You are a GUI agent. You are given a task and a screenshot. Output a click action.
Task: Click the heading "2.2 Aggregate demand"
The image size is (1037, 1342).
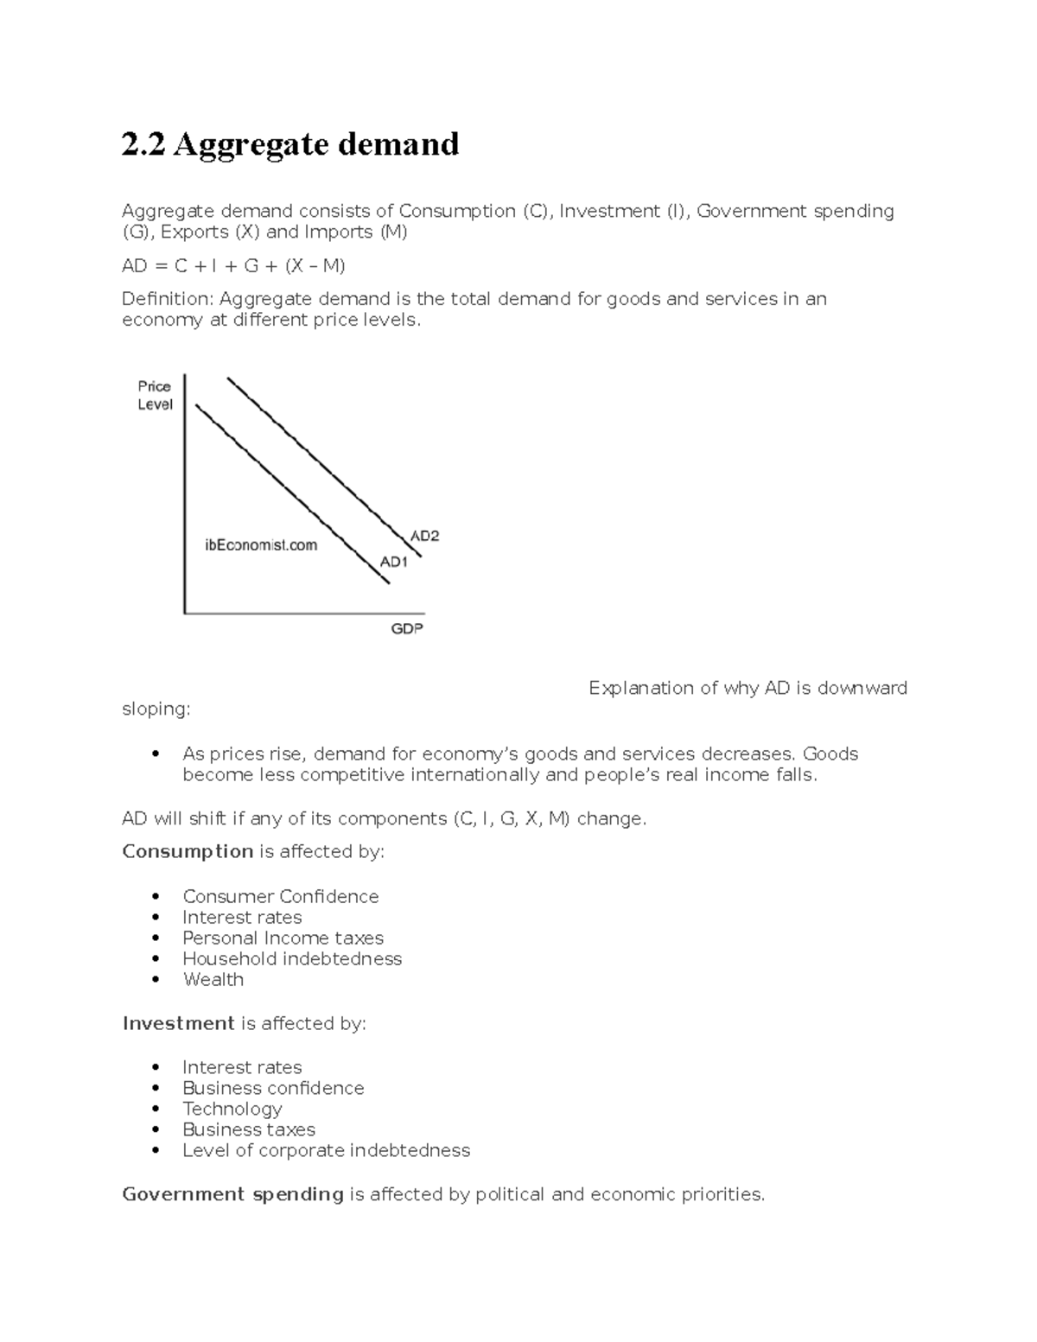pos(290,144)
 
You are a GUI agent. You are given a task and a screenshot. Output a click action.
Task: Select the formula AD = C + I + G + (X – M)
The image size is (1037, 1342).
pos(233,266)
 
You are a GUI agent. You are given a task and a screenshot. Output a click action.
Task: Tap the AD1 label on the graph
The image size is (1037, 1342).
pos(393,562)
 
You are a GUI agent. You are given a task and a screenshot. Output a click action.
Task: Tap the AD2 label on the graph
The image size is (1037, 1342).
pos(424,536)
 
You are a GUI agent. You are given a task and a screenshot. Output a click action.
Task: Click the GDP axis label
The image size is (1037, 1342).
pos(407,629)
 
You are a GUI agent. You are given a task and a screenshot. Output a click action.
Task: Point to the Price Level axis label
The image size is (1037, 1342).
pos(155,396)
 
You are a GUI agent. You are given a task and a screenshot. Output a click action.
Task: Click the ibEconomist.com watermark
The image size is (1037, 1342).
pos(261,545)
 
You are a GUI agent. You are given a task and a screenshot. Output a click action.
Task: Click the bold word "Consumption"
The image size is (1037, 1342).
pos(188,851)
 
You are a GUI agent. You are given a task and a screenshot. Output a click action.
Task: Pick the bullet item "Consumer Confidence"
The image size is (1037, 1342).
pos(280,896)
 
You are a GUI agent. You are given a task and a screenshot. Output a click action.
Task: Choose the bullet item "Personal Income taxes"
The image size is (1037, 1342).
pos(283,938)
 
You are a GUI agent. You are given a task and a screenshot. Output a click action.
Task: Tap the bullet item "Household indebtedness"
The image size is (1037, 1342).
pos(292,958)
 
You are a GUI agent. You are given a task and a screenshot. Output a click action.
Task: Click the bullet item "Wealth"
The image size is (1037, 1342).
pos(213,979)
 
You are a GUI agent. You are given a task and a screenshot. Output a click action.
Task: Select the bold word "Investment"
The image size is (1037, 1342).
pos(178,1023)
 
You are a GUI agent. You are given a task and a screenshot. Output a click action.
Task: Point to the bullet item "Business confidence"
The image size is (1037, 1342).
pos(273,1088)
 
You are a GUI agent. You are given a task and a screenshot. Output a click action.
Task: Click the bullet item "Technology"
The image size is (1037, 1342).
pos(232,1109)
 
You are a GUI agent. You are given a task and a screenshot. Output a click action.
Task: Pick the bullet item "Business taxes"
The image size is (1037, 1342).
pos(249,1129)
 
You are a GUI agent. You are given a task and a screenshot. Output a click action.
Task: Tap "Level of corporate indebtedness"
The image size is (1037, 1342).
pos(326,1150)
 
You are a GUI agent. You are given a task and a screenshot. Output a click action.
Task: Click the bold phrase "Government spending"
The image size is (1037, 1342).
pos(232,1194)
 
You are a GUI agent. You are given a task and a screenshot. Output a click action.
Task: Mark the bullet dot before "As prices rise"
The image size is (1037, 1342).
pos(156,754)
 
